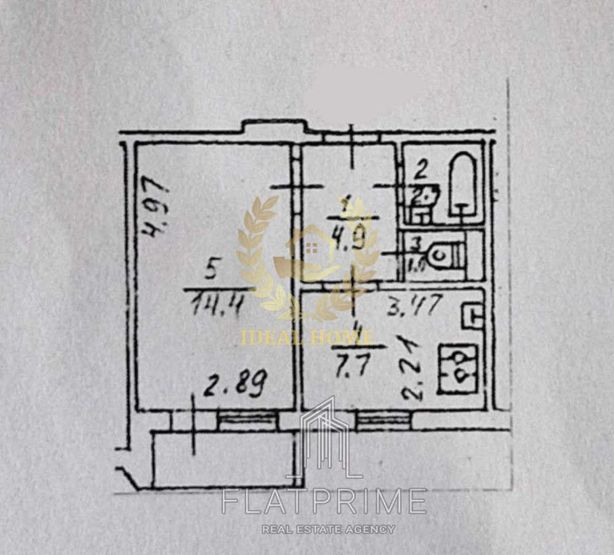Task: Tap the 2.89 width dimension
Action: tap(236, 387)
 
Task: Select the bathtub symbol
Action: tap(464, 184)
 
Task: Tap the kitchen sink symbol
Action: tap(472, 317)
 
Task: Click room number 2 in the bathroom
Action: tap(420, 169)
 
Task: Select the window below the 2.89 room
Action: tap(247, 421)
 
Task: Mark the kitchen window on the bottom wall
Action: tap(383, 420)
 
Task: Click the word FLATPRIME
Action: tap(324, 500)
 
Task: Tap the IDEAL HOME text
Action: tap(306, 336)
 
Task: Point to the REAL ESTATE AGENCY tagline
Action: tap(328, 529)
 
